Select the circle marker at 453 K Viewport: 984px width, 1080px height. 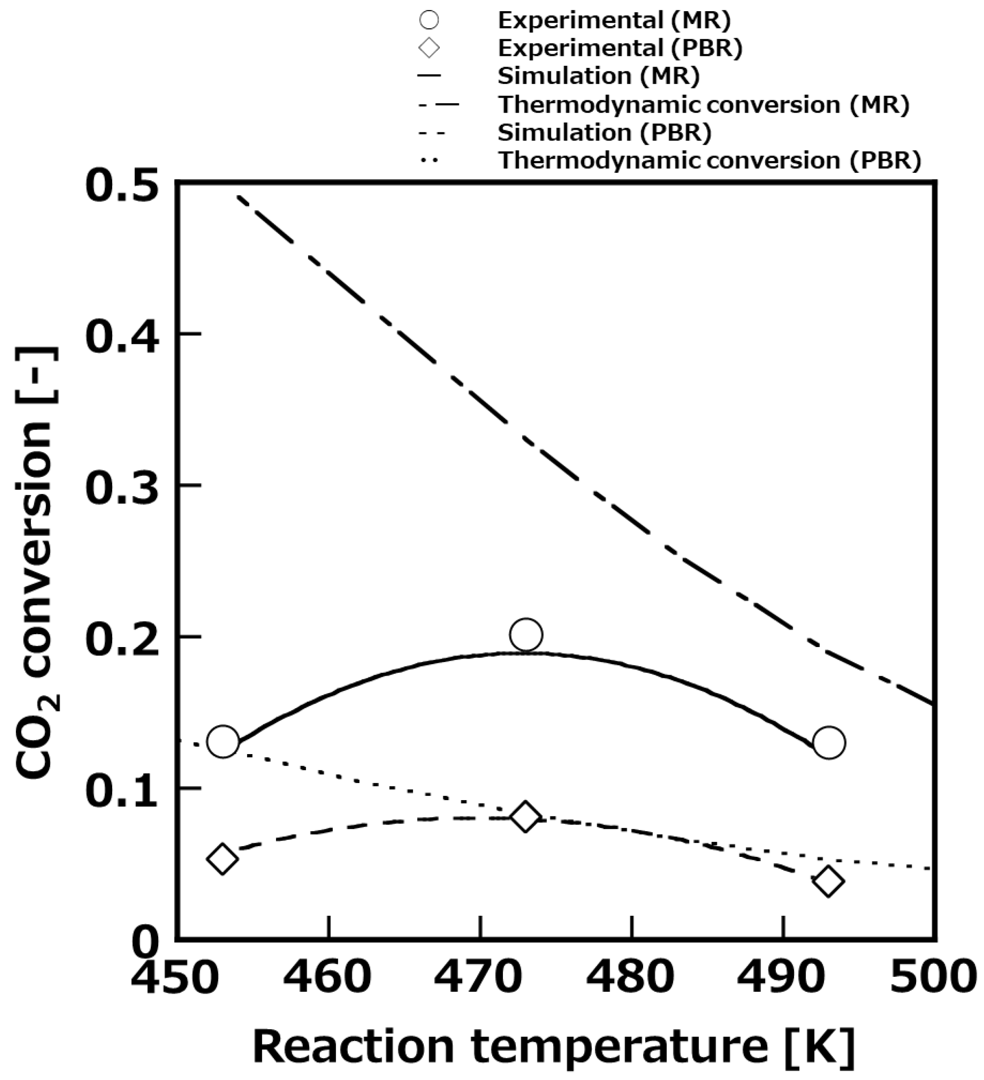coord(223,742)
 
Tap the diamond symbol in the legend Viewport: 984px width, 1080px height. coord(429,49)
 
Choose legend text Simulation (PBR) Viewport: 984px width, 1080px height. coord(604,132)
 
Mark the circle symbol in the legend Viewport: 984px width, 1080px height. coord(429,20)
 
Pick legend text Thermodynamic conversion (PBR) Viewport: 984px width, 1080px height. coord(710,160)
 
